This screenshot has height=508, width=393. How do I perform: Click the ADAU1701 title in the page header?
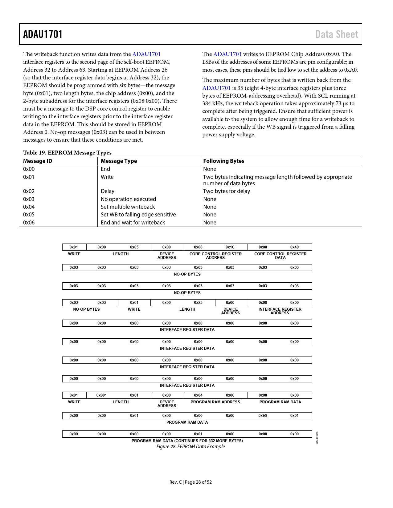pyautogui.click(x=43, y=34)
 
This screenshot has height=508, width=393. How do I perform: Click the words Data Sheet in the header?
pyautogui.click(x=337, y=34)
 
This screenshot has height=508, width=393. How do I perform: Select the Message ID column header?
pyautogui.click(x=38, y=161)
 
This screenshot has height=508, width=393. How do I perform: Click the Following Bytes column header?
pyautogui.click(x=223, y=161)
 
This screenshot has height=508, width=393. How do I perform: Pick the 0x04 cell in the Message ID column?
pyautogui.click(x=29, y=207)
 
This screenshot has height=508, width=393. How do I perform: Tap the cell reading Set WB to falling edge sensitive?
pyautogui.click(x=138, y=215)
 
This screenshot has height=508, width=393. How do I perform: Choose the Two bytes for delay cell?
pyautogui.click(x=227, y=191)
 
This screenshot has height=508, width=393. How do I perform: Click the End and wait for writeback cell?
pyautogui.click(x=133, y=223)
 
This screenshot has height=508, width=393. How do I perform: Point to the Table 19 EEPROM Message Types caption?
pyautogui.click(x=67, y=153)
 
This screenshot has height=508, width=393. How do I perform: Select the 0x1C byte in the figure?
pyautogui.click(x=230, y=247)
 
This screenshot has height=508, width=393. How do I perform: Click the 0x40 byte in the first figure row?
pyautogui.click(x=294, y=247)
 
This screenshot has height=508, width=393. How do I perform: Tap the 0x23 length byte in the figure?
pyautogui.click(x=198, y=303)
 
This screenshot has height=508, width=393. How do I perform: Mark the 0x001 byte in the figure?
pyautogui.click(x=101, y=395)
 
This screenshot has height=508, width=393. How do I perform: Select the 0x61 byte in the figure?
pyautogui.click(x=134, y=395)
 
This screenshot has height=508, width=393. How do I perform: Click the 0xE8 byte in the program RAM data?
pyautogui.click(x=263, y=416)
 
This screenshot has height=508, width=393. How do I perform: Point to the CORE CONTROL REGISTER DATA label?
pyautogui.click(x=280, y=256)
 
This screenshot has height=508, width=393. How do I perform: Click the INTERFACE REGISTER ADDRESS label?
pyautogui.click(x=280, y=311)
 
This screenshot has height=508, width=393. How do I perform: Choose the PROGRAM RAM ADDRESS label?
pyautogui.click(x=215, y=402)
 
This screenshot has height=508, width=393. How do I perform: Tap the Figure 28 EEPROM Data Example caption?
pyautogui.click(x=190, y=447)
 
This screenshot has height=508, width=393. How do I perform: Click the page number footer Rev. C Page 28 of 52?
pyautogui.click(x=190, y=482)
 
